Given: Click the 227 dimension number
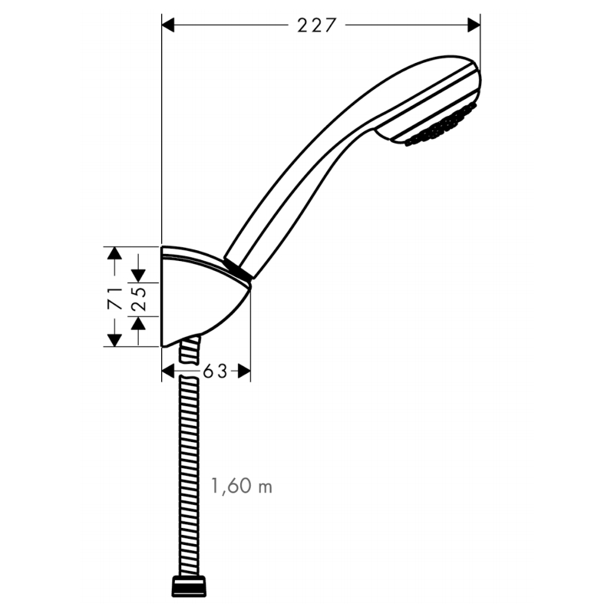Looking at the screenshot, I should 316,25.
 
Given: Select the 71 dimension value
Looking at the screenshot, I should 114,296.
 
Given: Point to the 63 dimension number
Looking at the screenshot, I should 216,371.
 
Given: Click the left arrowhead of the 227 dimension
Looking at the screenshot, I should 170,25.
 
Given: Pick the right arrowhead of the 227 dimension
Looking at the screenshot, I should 472,25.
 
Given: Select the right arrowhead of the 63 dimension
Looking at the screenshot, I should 243,371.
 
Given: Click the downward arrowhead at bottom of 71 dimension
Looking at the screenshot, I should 114,338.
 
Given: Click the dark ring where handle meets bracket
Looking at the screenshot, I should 237,269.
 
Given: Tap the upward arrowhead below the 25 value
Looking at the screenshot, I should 139,324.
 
